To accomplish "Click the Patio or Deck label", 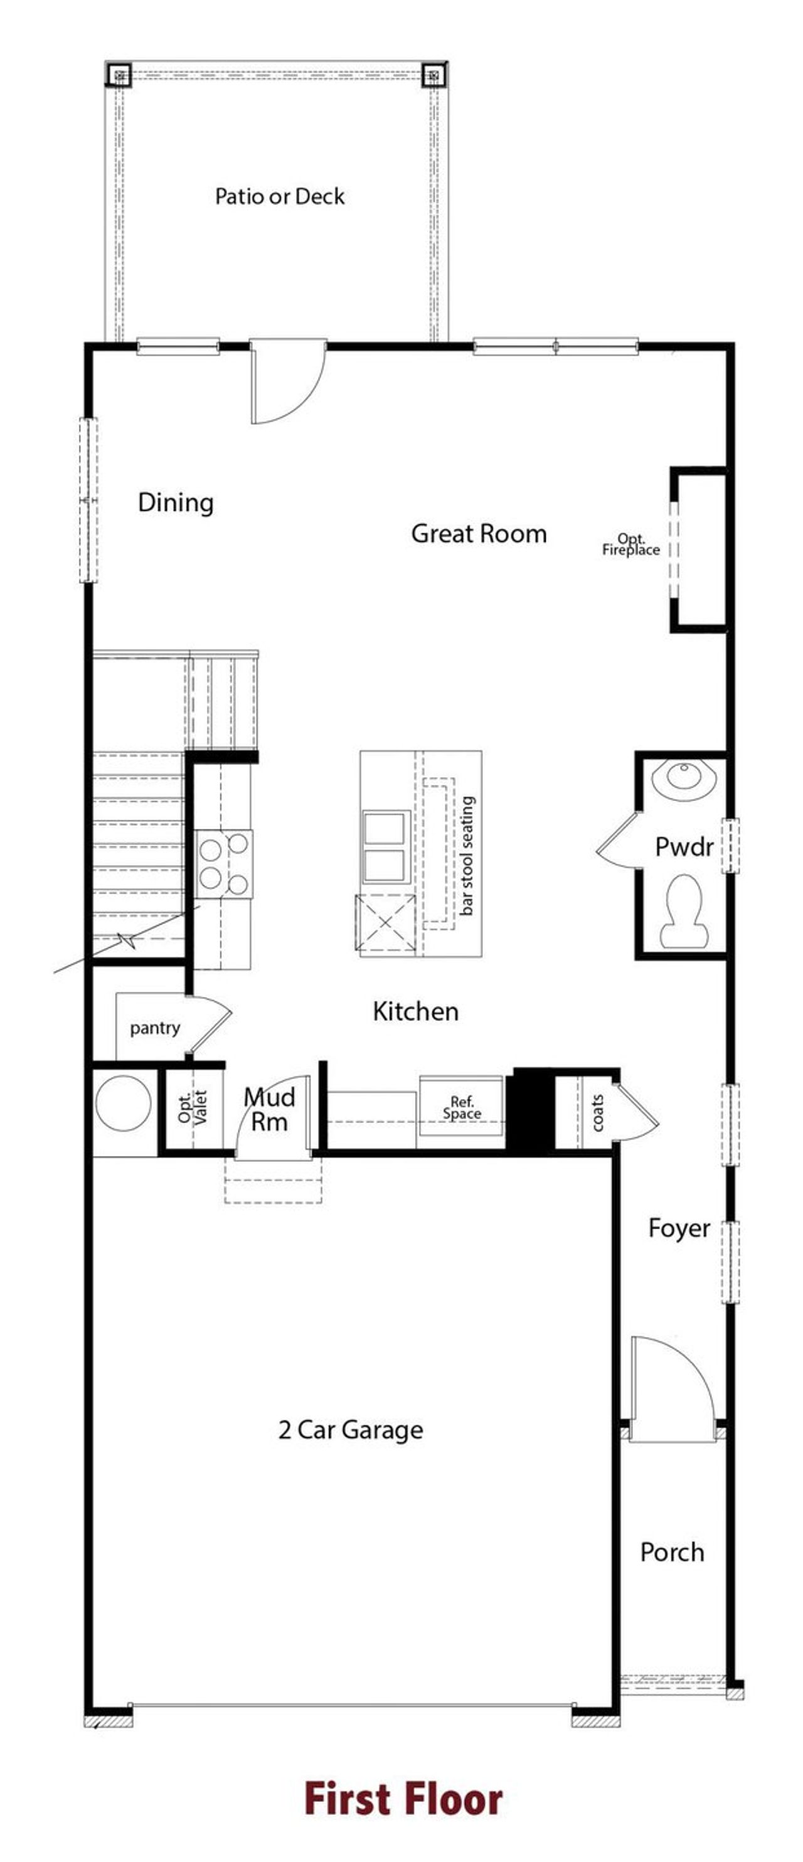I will [280, 196].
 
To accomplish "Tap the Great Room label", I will [479, 534].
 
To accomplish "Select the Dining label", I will [176, 503].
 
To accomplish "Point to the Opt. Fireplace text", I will [630, 545].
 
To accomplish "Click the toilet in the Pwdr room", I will [681, 911].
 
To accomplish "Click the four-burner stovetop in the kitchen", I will [224, 863].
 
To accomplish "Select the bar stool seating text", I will [467, 856].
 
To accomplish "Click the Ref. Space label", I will [462, 1107].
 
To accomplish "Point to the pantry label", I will [155, 1028].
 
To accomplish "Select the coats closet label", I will [597, 1112].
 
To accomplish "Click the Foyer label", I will [679, 1228].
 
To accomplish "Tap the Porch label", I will [671, 1552].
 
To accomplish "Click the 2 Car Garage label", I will [351, 1429].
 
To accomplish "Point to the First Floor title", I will [403, 1799].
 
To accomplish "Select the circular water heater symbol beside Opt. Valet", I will [123, 1103].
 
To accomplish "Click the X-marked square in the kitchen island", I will [385, 925].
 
